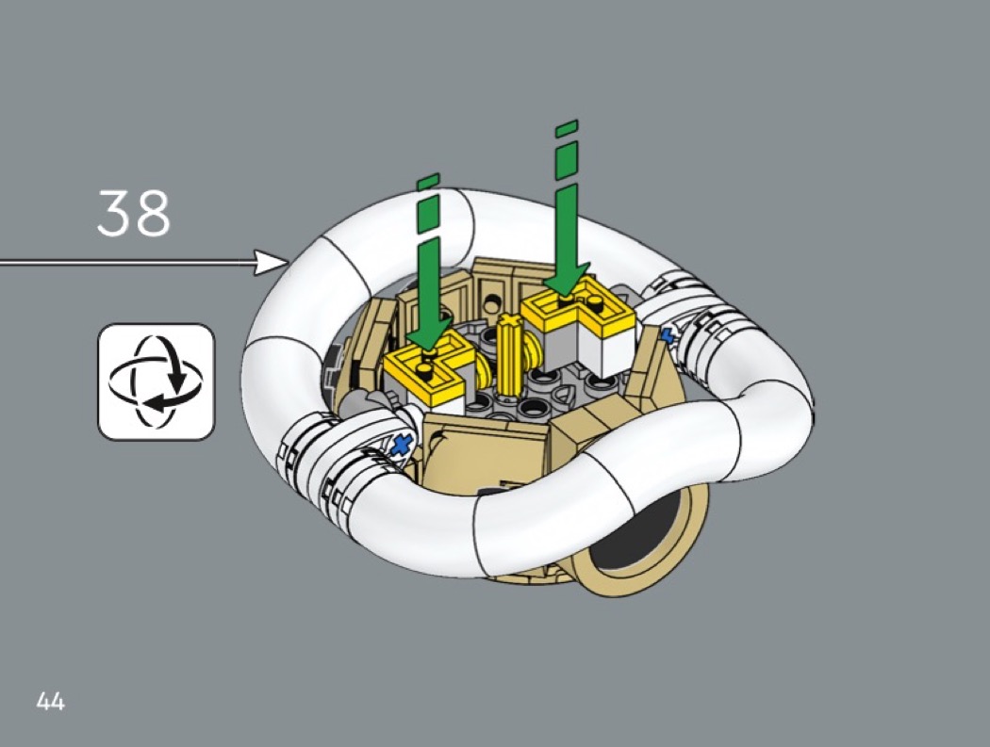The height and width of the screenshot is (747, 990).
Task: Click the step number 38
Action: coord(134,213)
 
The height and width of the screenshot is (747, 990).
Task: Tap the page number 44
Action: coord(51,701)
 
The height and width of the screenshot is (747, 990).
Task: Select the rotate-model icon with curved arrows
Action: coord(156,382)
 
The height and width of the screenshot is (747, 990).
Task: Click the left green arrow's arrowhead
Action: coord(431,332)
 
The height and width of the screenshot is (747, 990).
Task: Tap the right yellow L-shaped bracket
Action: coord(578,310)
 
